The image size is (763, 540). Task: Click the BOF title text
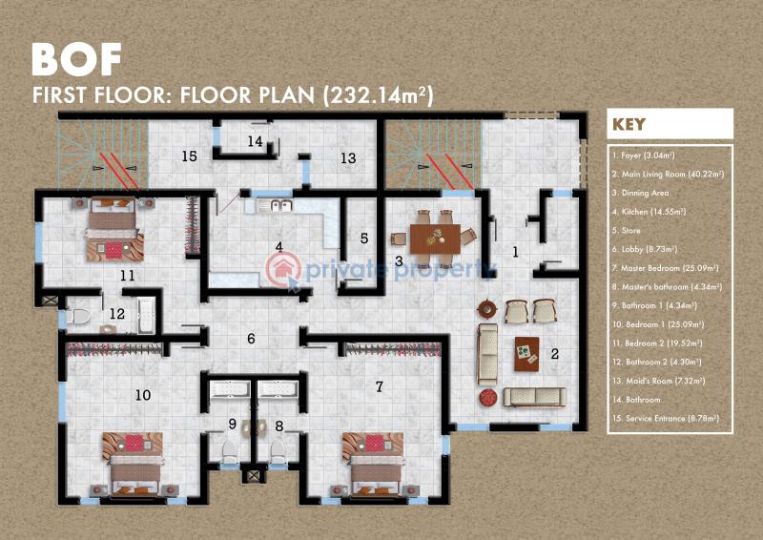pos(76,59)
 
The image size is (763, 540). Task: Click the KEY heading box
pos(670,124)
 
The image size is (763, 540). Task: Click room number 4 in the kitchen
pos(279,247)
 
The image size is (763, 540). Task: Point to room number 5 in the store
pos(364,239)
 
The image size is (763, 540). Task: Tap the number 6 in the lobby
pos(251,338)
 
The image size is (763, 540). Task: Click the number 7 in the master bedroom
pos(380,386)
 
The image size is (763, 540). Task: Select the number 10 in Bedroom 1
pos(143,394)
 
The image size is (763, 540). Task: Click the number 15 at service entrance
pos(189,156)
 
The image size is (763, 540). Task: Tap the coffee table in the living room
pos(526,353)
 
